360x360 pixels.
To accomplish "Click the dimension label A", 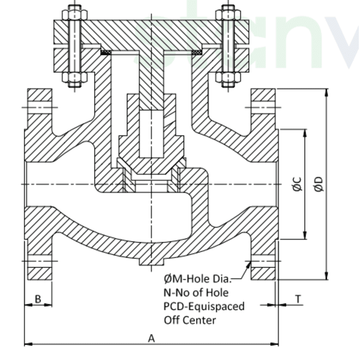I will (x=152, y=338).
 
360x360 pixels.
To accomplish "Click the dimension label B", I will (x=37, y=298).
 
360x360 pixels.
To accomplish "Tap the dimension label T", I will (x=298, y=298).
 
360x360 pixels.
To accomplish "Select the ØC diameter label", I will (x=297, y=184).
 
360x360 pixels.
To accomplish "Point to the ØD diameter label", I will (x=319, y=184).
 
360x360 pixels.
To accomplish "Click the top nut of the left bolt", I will (x=75, y=12).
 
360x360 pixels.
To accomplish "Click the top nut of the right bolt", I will (x=227, y=12).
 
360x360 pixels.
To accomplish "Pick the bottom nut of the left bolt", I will (x=75, y=78).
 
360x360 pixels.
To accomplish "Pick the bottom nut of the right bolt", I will (x=227, y=78).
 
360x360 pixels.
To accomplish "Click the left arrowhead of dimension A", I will (x=28, y=344).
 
